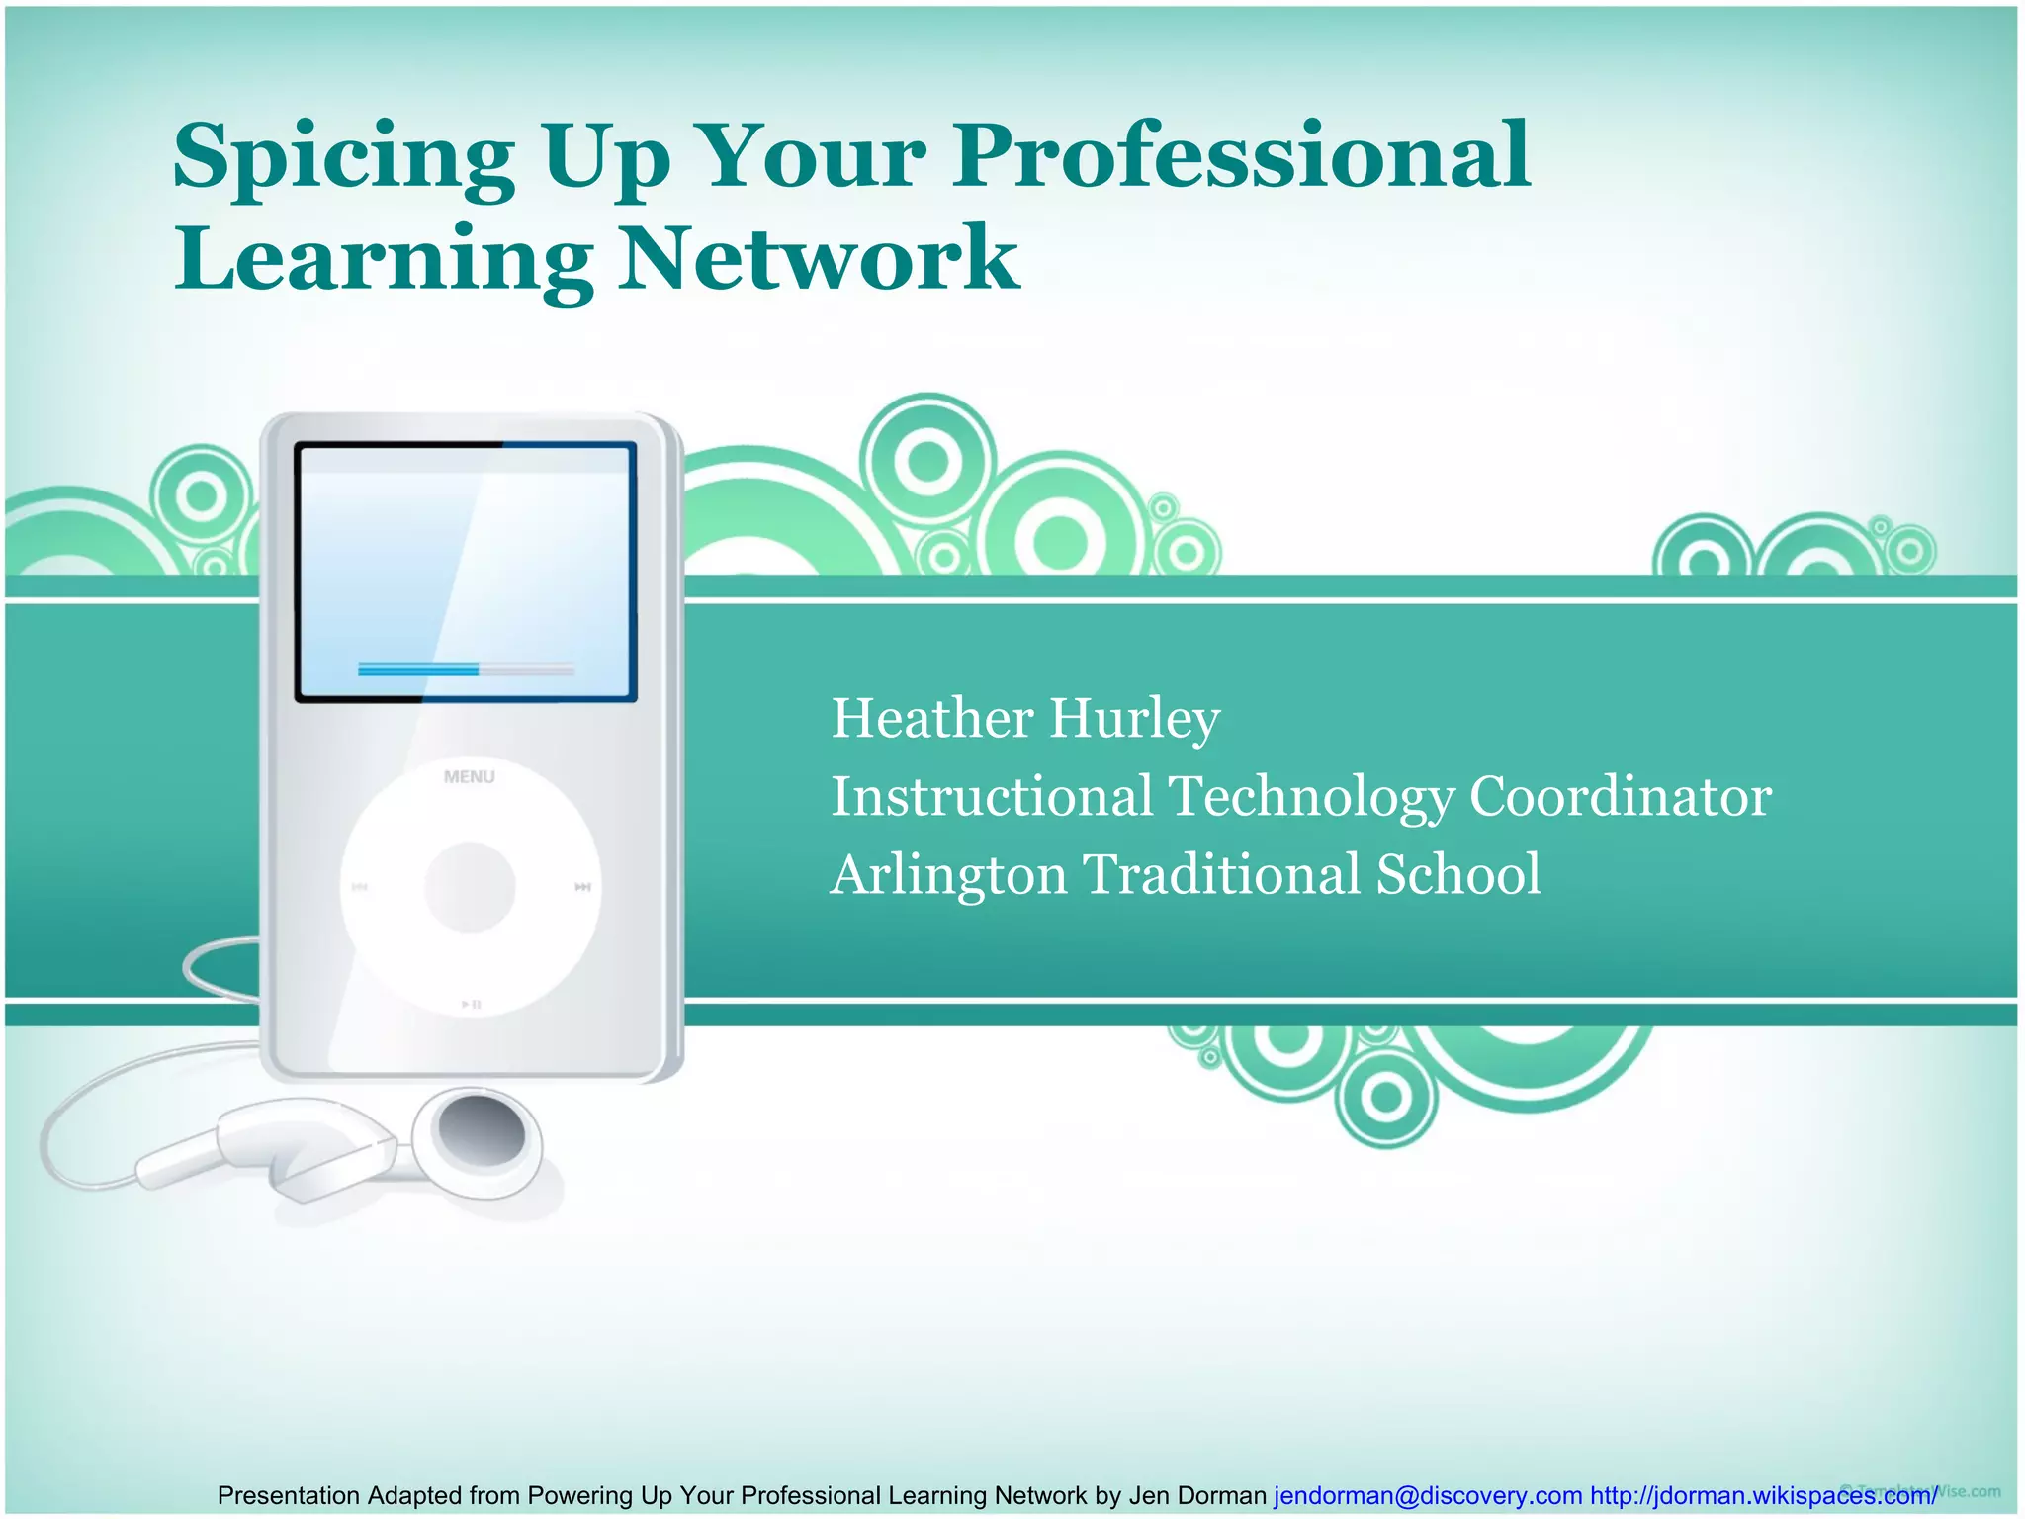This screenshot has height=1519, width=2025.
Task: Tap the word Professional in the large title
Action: (1241, 155)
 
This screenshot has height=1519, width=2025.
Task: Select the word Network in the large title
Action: (819, 258)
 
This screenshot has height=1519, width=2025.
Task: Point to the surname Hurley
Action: (1134, 720)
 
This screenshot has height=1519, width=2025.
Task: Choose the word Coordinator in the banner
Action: (1620, 797)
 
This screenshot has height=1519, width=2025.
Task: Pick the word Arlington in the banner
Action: (948, 875)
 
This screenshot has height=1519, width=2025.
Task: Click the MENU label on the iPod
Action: (470, 777)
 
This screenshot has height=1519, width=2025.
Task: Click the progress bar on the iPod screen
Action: (466, 670)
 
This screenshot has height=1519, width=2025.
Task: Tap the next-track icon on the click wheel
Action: (583, 888)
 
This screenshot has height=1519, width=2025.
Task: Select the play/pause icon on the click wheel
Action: (471, 1005)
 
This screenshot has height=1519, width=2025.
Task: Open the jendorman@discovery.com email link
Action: (1427, 1496)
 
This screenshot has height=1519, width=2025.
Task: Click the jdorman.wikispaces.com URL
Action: (1762, 1496)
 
